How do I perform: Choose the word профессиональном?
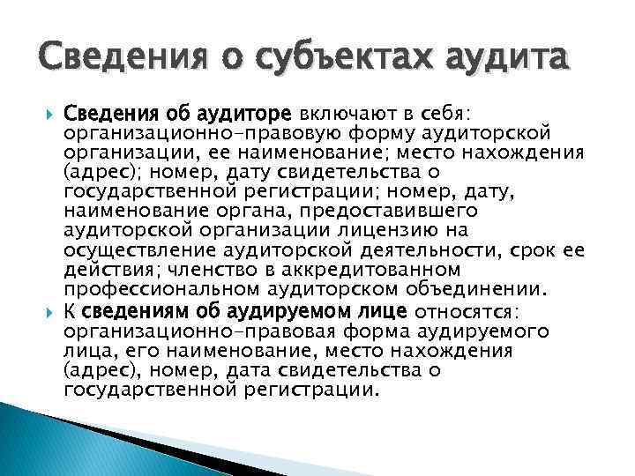click(x=149, y=288)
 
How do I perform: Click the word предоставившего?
click(x=381, y=212)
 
